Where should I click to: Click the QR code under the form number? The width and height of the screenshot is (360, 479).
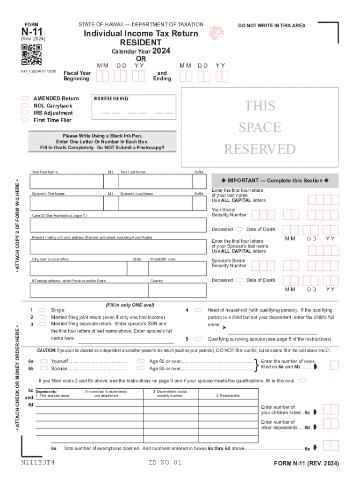pyautogui.click(x=31, y=56)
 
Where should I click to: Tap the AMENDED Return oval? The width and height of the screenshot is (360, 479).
pyautogui.click(x=25, y=99)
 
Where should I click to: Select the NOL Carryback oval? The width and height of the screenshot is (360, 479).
pyautogui.click(x=25, y=106)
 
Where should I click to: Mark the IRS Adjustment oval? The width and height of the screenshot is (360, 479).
pyautogui.click(x=25, y=113)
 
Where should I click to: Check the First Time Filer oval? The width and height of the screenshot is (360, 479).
pyautogui.click(x=25, y=120)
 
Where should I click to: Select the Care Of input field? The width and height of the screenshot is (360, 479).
pyautogui.click(x=118, y=225)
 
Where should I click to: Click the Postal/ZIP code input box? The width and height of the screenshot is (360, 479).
pyautogui.click(x=177, y=269)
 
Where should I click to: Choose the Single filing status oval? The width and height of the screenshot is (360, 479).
pyautogui.click(x=42, y=310)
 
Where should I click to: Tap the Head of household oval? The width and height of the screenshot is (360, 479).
pyautogui.click(x=198, y=310)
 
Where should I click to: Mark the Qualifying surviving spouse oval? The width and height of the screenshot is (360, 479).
pyautogui.click(x=198, y=339)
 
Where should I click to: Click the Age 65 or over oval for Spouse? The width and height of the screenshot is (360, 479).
pyautogui.click(x=140, y=369)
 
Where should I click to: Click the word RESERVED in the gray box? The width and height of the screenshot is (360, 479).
pyautogui.click(x=260, y=149)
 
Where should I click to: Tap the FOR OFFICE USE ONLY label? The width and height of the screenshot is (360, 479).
pyautogui.click(x=111, y=99)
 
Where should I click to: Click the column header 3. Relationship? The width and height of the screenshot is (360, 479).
pyautogui.click(x=228, y=396)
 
